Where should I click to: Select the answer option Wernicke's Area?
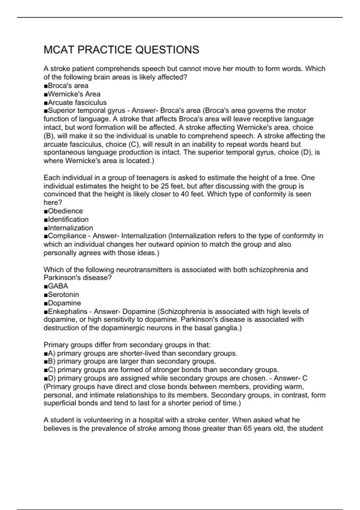(74, 94)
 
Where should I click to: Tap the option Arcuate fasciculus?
(77, 102)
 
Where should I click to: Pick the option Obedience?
(65, 211)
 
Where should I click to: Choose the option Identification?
(68, 219)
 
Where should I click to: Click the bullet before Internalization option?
(46, 228)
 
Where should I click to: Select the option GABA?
(58, 286)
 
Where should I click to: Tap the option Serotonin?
(63, 294)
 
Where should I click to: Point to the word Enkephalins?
(67, 311)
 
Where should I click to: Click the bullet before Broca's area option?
(46, 86)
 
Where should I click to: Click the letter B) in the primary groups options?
(52, 361)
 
